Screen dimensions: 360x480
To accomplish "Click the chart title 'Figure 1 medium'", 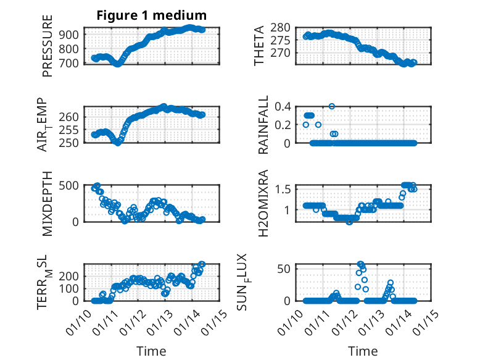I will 151,15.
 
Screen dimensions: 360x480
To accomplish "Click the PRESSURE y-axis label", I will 48,51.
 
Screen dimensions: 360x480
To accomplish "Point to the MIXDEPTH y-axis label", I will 48,204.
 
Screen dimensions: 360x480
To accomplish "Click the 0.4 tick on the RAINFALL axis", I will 282,106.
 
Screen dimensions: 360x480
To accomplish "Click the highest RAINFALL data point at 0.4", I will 332,106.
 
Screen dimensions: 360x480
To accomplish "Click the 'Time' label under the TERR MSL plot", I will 151,351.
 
